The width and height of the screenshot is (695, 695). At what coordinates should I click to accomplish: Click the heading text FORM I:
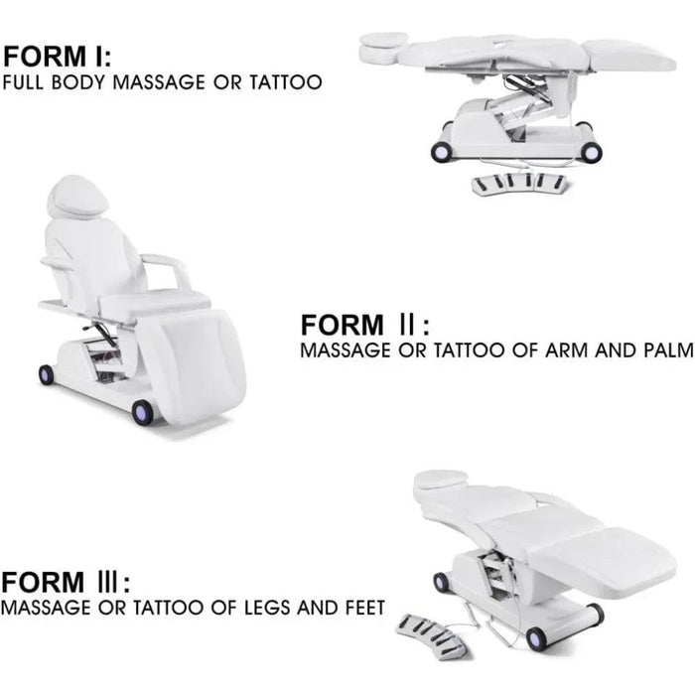pos(62,55)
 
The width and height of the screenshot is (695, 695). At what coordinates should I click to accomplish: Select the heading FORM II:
pos(365,325)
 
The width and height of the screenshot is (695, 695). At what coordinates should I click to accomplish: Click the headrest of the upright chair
pos(78,196)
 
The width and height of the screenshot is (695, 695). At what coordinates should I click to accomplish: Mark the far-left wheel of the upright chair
pos(47,375)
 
